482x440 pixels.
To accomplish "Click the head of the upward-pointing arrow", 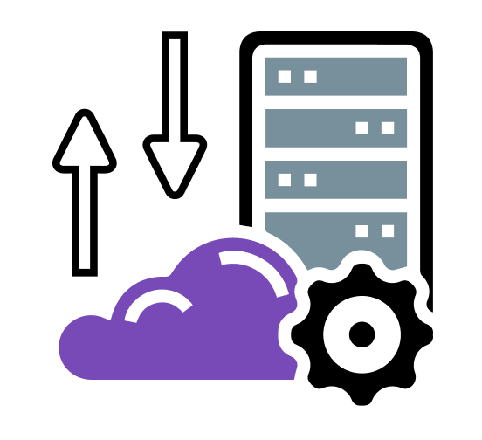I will [85, 144].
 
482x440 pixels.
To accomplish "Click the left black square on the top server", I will [285, 76].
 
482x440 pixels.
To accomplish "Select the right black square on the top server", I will [310, 76].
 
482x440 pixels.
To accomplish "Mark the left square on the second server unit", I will [361, 128].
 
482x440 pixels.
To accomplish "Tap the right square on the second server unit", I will [388, 128].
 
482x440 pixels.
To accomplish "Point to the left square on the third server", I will [285, 180].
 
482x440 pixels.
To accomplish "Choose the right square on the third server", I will [310, 180].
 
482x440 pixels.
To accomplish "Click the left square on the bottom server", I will [361, 231].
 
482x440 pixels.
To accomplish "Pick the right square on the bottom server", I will [388, 231].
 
